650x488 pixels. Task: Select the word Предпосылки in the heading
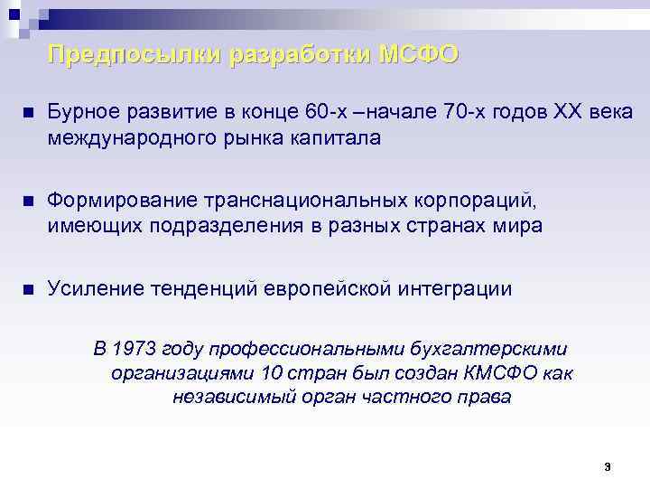tap(135, 55)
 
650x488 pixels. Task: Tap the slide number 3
tap(608, 467)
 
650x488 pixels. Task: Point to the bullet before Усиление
tap(28, 290)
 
